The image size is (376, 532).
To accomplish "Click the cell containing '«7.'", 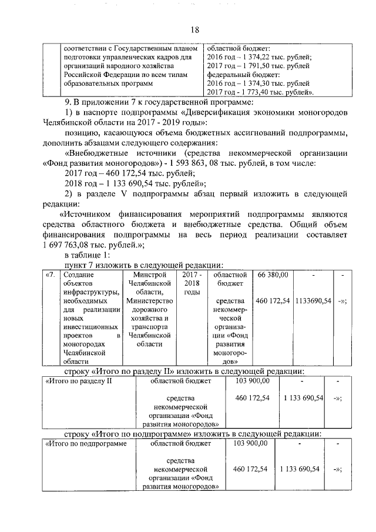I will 51,275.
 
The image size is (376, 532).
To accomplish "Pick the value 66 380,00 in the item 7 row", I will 273,275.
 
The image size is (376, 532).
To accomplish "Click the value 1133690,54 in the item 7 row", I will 314,301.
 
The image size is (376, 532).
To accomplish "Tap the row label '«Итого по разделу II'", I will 79,381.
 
